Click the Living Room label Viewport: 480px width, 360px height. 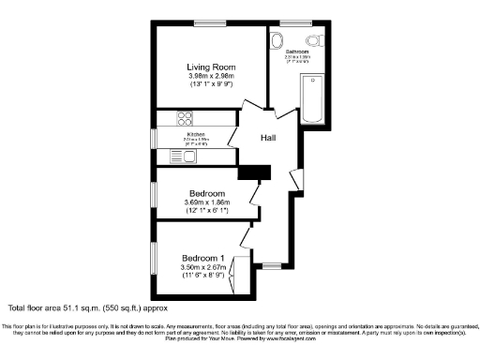coord(210,67)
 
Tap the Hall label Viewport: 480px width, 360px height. coord(267,138)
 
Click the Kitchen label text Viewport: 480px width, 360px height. coord(196,135)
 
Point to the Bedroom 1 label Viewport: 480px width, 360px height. coord(203,258)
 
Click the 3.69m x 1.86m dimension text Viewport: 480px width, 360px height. coord(210,202)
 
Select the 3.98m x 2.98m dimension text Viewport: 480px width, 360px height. coord(210,78)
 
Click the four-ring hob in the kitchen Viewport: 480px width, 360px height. coord(184,118)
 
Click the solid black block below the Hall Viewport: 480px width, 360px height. coord(254,172)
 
